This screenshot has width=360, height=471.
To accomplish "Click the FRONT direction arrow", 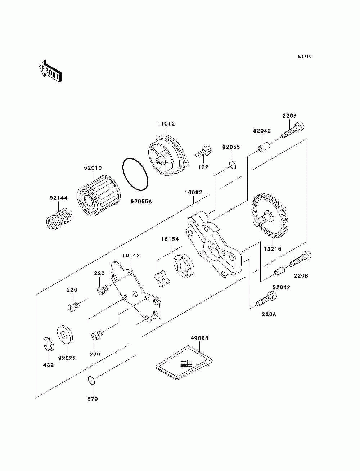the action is click(50, 71).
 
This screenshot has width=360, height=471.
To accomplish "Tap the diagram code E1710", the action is click(305, 57).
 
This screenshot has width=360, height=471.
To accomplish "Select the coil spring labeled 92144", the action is click(59, 219).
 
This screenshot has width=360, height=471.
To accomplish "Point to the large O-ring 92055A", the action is click(135, 174).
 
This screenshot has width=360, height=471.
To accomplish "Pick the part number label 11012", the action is click(166, 124).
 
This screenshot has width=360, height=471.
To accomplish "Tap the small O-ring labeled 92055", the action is click(233, 165).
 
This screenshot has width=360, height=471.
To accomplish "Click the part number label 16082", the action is click(193, 193).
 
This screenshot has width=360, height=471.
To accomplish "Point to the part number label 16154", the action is click(170, 239).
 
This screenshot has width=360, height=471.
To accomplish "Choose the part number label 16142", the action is click(131, 256).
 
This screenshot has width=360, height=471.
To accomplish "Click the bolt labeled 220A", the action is click(266, 298).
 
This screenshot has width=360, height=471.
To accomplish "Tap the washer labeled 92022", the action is click(64, 335).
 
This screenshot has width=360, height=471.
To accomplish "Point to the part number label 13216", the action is click(273, 249).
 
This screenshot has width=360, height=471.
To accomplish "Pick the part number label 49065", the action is click(199, 338).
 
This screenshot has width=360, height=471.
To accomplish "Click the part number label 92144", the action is click(59, 198).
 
